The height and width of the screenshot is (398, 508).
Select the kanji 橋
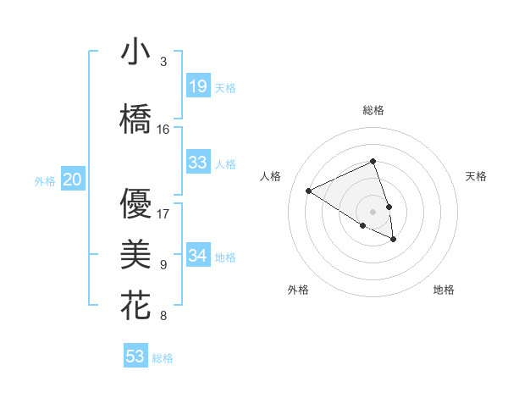click(135, 119)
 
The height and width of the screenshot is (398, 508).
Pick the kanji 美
click(135, 255)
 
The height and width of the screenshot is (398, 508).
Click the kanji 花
click(135, 306)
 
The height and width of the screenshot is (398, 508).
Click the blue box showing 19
click(198, 86)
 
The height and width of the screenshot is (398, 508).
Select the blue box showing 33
click(198, 163)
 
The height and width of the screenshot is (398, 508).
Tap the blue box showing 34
click(198, 256)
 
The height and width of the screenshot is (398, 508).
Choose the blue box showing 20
click(73, 180)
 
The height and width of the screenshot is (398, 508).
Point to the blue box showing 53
click(135, 357)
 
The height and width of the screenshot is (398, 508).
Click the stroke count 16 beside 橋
click(163, 130)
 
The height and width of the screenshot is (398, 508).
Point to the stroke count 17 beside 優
click(163, 213)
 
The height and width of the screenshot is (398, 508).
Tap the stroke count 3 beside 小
click(163, 62)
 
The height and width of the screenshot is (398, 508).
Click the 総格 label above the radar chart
click(373, 110)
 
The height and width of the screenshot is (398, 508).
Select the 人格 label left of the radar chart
click(271, 176)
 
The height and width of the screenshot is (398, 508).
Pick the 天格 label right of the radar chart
click(476, 176)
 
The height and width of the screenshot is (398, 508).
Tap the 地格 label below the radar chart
click(444, 290)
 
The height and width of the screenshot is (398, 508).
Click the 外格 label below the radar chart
click(298, 290)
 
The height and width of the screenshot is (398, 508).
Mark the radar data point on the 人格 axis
click(309, 191)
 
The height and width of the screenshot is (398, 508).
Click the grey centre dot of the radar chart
click(373, 212)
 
